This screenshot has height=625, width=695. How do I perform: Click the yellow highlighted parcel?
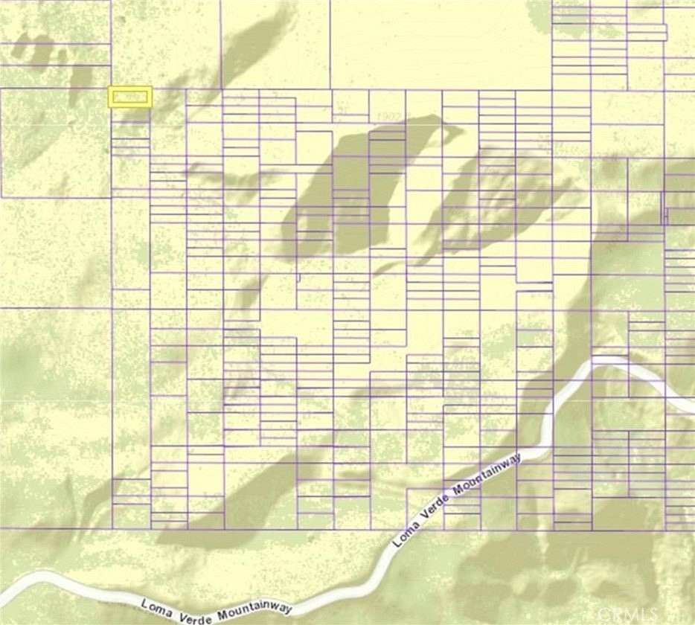[x=130, y=97]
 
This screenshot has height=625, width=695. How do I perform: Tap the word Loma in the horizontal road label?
[x=156, y=600]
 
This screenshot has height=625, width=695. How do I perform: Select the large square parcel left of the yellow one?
[x=55, y=142]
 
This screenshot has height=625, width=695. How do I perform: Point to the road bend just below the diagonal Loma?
[x=388, y=554]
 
